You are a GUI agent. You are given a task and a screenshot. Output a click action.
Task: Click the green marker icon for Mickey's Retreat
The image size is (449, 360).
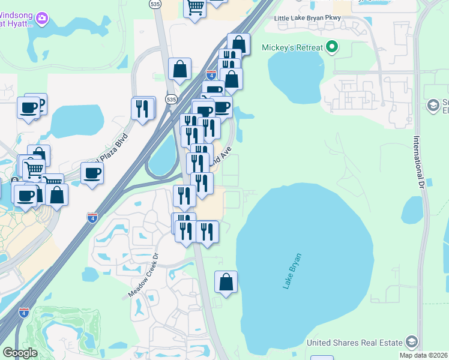pyautogui.click(x=330, y=47)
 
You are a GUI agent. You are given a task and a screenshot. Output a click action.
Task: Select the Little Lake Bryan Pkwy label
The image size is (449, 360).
pyautogui.click(x=307, y=18)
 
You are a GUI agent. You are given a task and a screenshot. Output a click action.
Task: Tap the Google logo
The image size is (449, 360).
pyautogui.click(x=20, y=352)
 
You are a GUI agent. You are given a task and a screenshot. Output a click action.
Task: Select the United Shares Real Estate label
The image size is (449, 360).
pyautogui.click(x=354, y=343)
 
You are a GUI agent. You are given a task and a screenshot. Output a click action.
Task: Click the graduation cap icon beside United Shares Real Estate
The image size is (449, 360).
pyautogui.click(x=411, y=342)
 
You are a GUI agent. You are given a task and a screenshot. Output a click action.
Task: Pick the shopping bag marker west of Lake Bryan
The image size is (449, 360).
pyautogui.click(x=226, y=282)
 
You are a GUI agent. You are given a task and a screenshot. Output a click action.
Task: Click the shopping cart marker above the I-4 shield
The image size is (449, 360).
pyautogui.click(x=194, y=8)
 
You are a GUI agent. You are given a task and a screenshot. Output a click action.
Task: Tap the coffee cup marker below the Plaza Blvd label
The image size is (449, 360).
pyautogui.click(x=92, y=173)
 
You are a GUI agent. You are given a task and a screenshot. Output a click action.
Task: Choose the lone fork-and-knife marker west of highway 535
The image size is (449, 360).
pyautogui.click(x=142, y=109)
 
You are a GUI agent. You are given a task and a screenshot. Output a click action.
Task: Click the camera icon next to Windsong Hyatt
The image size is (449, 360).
pyautogui.click(x=42, y=18)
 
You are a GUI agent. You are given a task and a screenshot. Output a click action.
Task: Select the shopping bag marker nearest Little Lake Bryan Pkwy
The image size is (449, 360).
pyautogui.click(x=238, y=44)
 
